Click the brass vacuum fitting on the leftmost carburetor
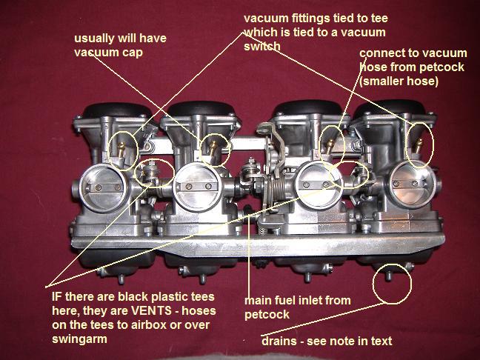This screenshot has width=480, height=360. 121,150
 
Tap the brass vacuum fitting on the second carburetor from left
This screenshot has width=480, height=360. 213,147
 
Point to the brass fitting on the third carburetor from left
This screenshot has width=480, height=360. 330,146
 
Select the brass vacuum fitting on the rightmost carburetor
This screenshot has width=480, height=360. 418,145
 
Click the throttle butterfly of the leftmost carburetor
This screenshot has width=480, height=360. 103,187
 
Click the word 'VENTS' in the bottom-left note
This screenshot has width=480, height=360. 151,311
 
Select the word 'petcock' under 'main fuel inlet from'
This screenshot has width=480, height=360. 267,315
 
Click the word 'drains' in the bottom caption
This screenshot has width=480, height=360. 279,341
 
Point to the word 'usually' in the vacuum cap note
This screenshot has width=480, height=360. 94,39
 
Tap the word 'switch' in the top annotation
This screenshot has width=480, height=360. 262,46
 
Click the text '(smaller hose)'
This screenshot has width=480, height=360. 399,81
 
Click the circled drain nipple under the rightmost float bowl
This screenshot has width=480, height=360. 388,276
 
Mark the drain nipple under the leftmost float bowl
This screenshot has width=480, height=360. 121,279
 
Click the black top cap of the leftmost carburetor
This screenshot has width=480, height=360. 117,110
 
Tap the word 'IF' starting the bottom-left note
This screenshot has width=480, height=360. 57,296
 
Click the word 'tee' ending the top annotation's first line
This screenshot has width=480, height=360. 379,19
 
